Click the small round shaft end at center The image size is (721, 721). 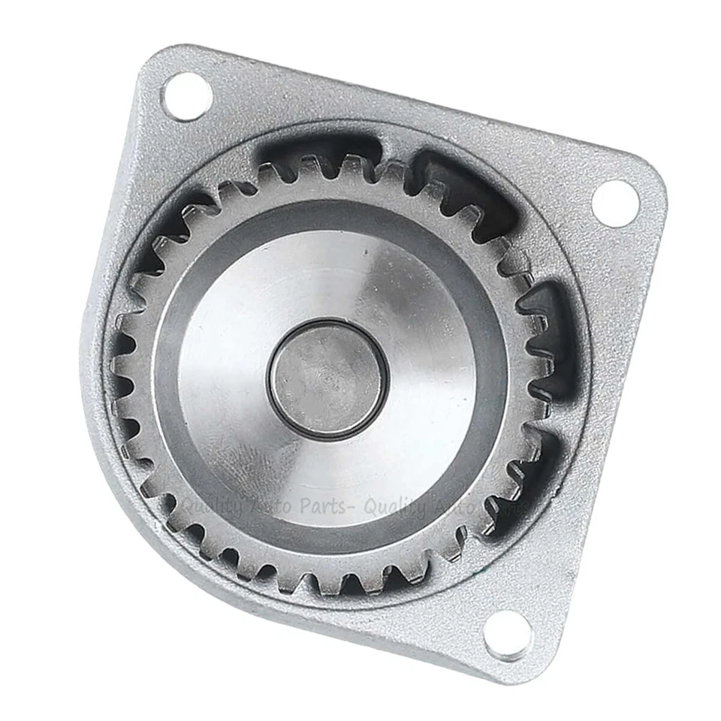327,379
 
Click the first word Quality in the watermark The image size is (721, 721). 213,508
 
